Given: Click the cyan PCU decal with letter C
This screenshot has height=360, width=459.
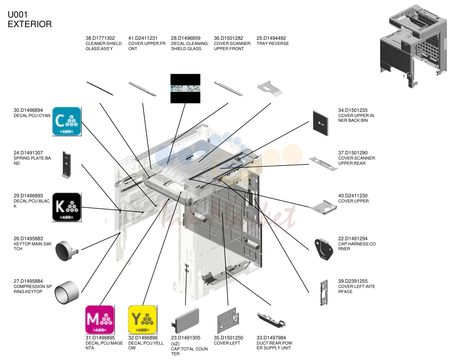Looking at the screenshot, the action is tap(67, 121).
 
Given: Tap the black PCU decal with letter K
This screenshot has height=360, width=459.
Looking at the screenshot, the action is tap(67, 207).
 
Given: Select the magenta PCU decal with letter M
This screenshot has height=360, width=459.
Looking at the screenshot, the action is tap(100, 320).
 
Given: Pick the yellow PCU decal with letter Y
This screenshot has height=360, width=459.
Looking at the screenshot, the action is tap(143, 320).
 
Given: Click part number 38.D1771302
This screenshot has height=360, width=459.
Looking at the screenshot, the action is tap(100, 38).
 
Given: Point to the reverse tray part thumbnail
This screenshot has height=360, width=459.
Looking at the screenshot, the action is tap(270, 89).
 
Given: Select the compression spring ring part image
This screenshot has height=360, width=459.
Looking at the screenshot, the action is tap(67, 293).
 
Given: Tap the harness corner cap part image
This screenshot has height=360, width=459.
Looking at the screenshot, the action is tap(323, 249).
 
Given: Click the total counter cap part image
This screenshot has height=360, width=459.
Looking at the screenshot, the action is tap(186, 321).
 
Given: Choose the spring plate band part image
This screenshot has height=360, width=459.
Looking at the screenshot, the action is tap(67, 165).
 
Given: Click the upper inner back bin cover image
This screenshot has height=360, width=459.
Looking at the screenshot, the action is tap(321, 123).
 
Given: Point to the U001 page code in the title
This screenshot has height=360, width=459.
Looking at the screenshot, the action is tap(17, 15).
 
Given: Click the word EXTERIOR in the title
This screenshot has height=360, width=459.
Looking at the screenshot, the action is tap(30, 24).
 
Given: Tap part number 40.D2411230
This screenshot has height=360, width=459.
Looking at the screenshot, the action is tap(353, 196).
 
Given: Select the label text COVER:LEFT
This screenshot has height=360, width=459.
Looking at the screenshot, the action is tap(227, 343).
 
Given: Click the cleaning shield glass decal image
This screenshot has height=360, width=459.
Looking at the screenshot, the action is tap(185, 89).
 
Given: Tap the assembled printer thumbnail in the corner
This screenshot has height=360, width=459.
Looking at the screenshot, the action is tap(413, 46).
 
